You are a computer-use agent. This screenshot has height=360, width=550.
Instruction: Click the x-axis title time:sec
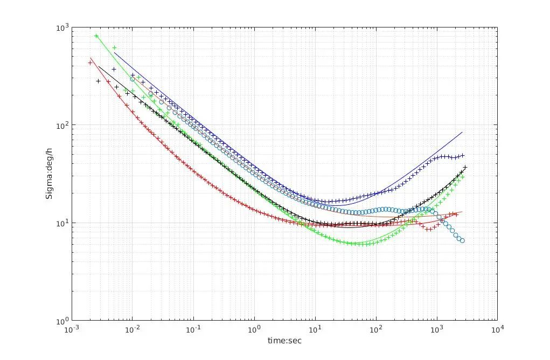pyautogui.click(x=285, y=341)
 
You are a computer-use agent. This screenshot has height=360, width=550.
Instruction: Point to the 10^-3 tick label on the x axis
pyautogui.click(x=71, y=329)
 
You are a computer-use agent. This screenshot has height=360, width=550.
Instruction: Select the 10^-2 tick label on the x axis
pyautogui.click(x=132, y=329)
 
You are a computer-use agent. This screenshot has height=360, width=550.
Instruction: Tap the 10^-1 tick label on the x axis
pyautogui.click(x=193, y=329)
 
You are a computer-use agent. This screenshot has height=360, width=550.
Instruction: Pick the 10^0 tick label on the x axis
pyautogui.click(x=254, y=329)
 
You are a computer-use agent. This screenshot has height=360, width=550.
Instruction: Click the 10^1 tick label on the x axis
pyautogui.click(x=315, y=329)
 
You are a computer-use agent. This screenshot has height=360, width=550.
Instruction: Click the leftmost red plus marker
pyautogui.click(x=90, y=63)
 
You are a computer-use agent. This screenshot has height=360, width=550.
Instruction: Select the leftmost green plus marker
pyautogui.click(x=96, y=36)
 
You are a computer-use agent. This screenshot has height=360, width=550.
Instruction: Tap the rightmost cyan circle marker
pyautogui.click(x=462, y=240)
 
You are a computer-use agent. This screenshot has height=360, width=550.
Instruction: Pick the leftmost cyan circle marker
pyautogui.click(x=133, y=79)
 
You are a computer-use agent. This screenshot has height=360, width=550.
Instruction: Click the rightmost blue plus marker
pyautogui.click(x=462, y=155)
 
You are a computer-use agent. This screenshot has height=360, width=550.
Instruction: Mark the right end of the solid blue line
pyautogui.click(x=462, y=132)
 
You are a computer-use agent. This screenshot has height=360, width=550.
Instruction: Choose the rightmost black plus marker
pyautogui.click(x=465, y=167)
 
